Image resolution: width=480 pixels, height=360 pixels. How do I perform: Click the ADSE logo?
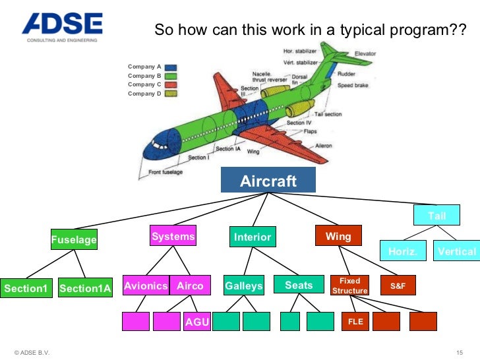point(62,26)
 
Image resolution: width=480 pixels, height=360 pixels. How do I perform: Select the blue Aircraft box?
point(268,181)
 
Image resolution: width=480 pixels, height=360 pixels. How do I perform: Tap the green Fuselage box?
point(74,240)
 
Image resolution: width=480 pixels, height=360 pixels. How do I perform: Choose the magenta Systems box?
point(173,236)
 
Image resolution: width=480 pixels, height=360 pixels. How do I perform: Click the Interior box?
point(253,237)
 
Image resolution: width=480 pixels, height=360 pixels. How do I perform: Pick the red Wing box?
point(338,236)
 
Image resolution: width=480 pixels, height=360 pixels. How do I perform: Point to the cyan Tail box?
point(436,216)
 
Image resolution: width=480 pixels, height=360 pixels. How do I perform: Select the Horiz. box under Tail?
point(402,251)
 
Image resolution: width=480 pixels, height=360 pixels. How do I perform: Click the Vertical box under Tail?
point(456,251)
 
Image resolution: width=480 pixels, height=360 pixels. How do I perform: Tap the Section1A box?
point(85,288)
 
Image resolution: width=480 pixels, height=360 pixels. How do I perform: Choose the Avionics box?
point(146,285)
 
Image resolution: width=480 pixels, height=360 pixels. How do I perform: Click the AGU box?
point(196,322)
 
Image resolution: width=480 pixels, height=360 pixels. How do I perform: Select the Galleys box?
point(243,285)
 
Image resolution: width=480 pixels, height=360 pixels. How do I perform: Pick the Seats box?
point(299,285)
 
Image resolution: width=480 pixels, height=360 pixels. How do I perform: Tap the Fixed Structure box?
point(349,285)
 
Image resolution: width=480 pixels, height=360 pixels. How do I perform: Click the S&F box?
point(398,285)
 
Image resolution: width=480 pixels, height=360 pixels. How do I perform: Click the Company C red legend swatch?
point(170,85)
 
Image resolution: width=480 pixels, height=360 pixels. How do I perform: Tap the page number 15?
point(460,350)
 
